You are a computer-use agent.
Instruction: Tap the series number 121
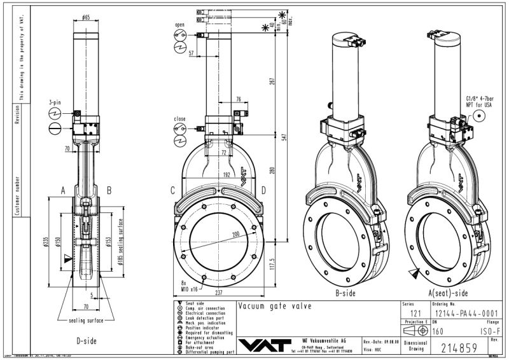[x=416, y=313]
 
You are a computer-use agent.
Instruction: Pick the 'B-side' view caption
[x=348, y=294]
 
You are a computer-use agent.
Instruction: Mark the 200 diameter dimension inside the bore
[x=236, y=235]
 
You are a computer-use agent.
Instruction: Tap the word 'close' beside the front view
[x=179, y=118]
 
